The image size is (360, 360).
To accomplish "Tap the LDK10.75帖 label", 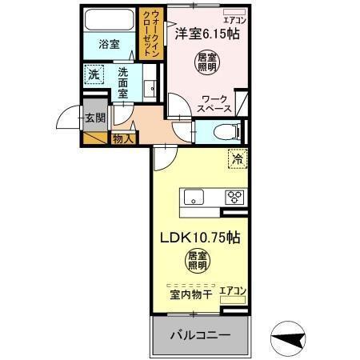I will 199,237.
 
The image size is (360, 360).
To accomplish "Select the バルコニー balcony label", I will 200,334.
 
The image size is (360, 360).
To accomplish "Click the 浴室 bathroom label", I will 110,45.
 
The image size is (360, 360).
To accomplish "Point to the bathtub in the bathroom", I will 110,21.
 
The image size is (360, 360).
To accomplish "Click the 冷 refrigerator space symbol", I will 237,158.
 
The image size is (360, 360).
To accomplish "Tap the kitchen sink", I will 196,197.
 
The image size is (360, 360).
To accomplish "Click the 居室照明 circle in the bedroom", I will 206,62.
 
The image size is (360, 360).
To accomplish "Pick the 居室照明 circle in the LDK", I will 198,261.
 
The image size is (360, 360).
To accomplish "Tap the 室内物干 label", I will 190,294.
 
